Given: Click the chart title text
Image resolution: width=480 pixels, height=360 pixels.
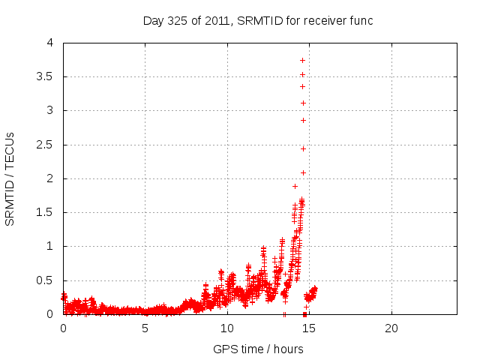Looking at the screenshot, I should [x=258, y=20].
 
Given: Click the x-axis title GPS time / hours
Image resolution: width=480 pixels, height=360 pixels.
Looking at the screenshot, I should [x=258, y=349].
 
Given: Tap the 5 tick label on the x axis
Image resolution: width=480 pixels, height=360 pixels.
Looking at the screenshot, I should [x=145, y=328].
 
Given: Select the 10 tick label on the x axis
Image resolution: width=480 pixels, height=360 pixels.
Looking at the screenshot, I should [x=227, y=328].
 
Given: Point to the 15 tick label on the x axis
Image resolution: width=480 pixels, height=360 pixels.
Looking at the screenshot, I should [x=309, y=328].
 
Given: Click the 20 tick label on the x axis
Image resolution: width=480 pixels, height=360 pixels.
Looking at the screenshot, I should [x=391, y=328].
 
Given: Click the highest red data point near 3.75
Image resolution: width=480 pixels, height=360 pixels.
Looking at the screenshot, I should [x=302, y=60].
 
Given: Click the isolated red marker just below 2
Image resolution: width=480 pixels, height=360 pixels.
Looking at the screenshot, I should [x=295, y=186].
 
